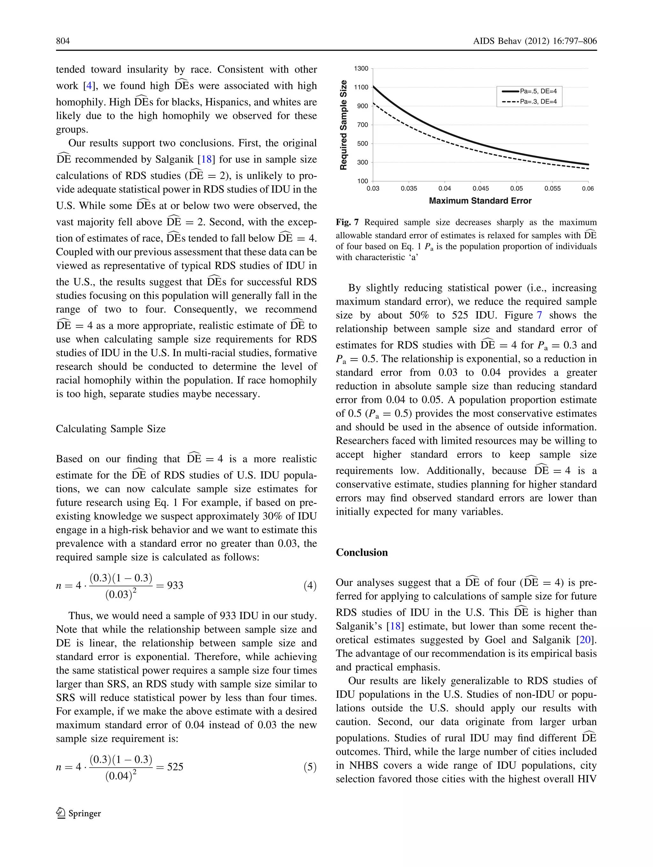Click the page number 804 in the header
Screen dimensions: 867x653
(x=63, y=41)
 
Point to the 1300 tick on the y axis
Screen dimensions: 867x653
(x=361, y=69)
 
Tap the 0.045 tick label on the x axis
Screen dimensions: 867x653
(x=481, y=189)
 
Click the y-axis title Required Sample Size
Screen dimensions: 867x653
(x=344, y=125)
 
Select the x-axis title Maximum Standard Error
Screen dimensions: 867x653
(x=480, y=201)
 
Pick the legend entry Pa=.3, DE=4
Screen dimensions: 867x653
(x=538, y=102)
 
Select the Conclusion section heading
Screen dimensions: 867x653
(x=362, y=552)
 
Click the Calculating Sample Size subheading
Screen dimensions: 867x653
(x=111, y=429)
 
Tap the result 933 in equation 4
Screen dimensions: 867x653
(x=175, y=585)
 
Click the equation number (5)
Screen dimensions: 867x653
(x=310, y=767)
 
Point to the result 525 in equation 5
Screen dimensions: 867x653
(x=175, y=767)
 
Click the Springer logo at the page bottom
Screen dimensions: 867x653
(x=78, y=813)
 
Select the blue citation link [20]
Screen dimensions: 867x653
(x=585, y=640)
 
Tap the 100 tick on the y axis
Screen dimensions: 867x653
(x=363, y=181)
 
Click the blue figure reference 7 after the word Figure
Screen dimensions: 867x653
(x=539, y=315)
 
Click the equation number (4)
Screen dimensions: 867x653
(x=310, y=586)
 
